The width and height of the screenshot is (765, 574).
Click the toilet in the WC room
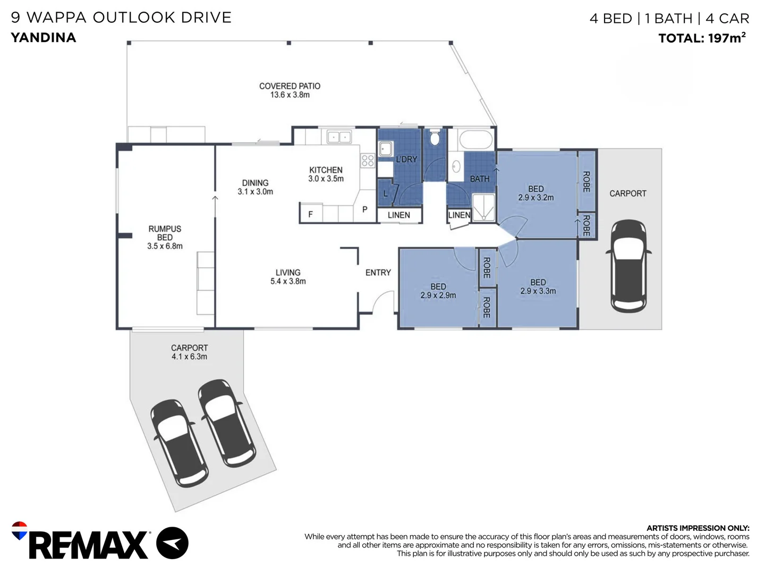(434, 137)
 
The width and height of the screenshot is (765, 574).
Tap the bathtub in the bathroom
(475, 139)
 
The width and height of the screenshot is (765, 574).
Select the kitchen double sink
(339, 137)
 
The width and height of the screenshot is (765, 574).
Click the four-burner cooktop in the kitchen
(368, 161)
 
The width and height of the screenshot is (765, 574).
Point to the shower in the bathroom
(483, 208)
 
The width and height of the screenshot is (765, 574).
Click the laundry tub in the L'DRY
(385, 149)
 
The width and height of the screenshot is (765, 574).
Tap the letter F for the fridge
(311, 214)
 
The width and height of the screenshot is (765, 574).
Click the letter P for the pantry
(364, 209)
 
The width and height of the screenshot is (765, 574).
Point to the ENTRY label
(378, 273)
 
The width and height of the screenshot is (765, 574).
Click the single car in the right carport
(628, 266)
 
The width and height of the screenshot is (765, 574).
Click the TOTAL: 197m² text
(702, 38)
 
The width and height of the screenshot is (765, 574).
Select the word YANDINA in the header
(44, 38)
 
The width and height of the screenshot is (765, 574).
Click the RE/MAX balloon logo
(19, 530)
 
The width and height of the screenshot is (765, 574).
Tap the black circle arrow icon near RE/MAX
(172, 543)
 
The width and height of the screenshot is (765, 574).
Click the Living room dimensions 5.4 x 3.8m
(288, 281)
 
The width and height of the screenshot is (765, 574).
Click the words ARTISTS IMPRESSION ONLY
(698, 528)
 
